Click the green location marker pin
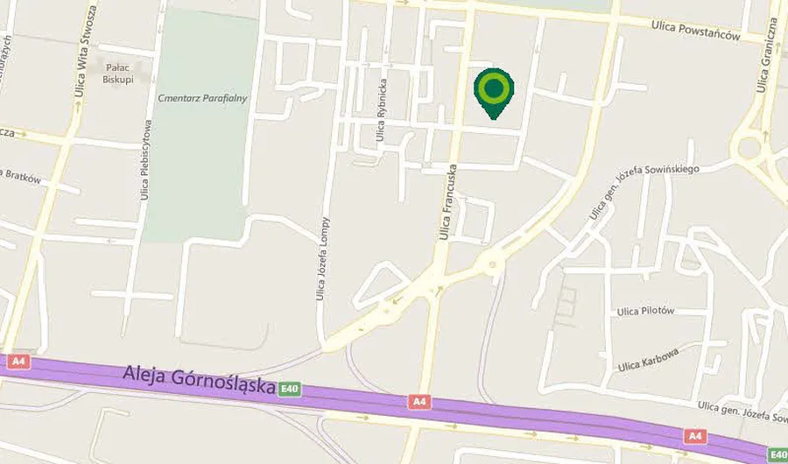coord(494,90)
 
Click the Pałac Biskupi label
coord(117,72)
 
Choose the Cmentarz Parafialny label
coord(203,98)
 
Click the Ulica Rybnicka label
coord(381,110)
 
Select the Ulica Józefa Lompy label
coord(322,258)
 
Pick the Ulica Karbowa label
coord(648,359)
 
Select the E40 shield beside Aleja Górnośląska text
coord(290,389)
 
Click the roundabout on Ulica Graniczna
coord(746,147)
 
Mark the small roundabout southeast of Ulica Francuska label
coord(494,263)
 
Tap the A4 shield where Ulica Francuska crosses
coord(420,402)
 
